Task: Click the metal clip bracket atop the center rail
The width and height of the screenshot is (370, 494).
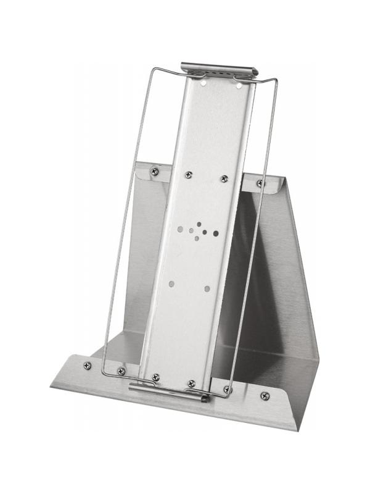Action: pos(219,68)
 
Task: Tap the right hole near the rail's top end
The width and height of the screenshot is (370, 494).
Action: pos(238,85)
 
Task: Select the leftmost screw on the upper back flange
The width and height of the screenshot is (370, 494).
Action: pos(154,171)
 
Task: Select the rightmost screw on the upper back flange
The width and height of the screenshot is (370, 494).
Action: pos(260,183)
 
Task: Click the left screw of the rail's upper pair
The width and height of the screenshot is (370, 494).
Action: pos(189,175)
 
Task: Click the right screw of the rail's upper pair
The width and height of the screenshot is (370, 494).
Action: pos(224,179)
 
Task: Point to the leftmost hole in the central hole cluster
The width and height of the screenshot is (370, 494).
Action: pos(180,228)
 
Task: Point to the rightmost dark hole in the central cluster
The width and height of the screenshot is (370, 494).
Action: pos(216,233)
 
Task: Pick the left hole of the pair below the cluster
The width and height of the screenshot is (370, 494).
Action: pos(171,284)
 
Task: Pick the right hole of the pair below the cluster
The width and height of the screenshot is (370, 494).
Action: pos(207,288)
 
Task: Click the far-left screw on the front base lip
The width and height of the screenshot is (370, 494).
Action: pos(87,366)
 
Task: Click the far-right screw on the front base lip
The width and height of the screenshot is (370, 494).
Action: pos(265,396)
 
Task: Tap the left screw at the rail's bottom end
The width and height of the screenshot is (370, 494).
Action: pos(155,377)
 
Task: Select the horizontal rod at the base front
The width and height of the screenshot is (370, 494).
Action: pos(166,391)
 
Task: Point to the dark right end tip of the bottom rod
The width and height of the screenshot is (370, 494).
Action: pos(205,398)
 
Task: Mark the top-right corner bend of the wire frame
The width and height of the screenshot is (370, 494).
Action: pos(276,82)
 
